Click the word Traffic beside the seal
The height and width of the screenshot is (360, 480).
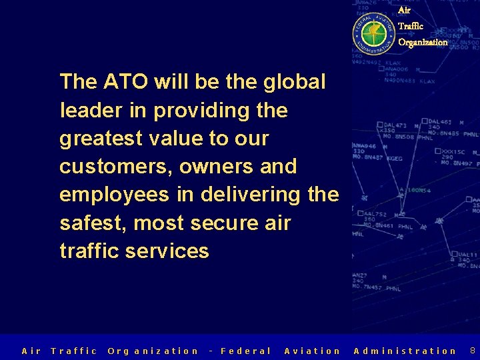click(x=411, y=26)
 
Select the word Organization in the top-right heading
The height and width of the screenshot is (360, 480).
click(x=423, y=42)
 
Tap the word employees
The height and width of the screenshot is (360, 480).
click(x=113, y=195)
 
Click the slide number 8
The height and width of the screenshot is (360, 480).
click(x=473, y=350)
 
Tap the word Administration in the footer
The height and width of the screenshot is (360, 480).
click(x=405, y=351)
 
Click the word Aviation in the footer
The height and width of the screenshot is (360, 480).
click(x=312, y=351)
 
